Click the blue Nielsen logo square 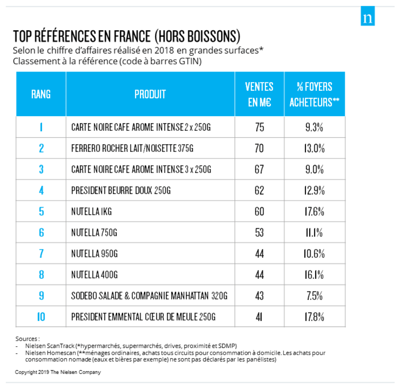(x=368, y=16)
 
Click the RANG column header (x=41, y=94)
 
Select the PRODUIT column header (x=150, y=94)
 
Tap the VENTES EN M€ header (x=259, y=94)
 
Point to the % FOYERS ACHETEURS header (x=314, y=94)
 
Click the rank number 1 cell (x=41, y=127)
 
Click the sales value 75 (x=259, y=127)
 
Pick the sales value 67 (x=259, y=169)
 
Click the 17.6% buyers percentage (x=314, y=212)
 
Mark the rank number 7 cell (x=41, y=254)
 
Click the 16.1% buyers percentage (x=314, y=275)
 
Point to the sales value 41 (x=259, y=317)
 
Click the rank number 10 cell (x=41, y=317)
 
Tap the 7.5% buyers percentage (x=314, y=296)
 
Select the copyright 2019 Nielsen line (x=58, y=372)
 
